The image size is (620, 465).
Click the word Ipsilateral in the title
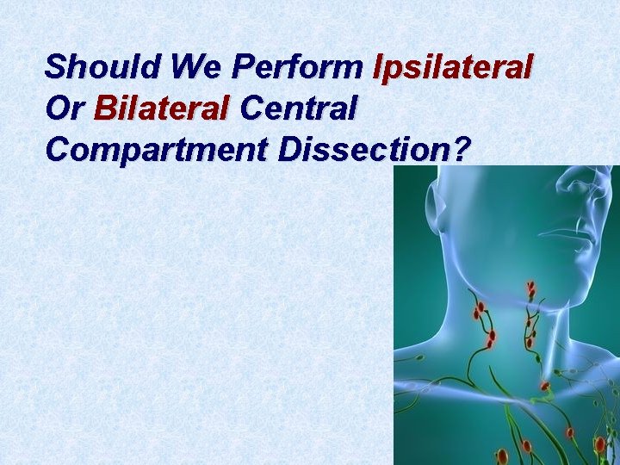(x=454, y=67)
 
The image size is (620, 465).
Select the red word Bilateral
(x=162, y=108)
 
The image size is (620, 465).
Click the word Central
(x=299, y=108)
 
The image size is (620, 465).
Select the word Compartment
(x=158, y=150)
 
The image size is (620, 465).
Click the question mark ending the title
(x=462, y=150)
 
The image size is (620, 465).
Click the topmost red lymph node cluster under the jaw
(x=531, y=289)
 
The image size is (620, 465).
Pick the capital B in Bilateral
(x=105, y=108)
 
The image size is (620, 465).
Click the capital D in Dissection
(x=289, y=150)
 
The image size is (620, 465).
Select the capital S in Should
(x=56, y=65)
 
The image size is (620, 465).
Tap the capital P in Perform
(x=244, y=65)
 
